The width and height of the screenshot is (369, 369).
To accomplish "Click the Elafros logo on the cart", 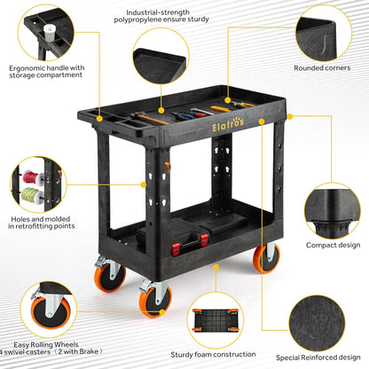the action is [x=228, y=124].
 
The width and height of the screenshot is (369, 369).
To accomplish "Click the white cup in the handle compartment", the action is [x=50, y=33].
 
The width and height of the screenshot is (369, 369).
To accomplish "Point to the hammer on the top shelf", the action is [x=149, y=118].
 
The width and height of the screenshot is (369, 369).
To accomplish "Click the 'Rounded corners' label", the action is [x=322, y=67].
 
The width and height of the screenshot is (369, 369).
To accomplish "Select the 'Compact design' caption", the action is [x=334, y=245].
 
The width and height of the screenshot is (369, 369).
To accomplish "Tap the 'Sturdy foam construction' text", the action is [x=213, y=354].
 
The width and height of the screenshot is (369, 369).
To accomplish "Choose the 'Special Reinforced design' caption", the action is [x=318, y=357].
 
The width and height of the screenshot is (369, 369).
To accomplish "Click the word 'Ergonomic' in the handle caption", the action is [x=27, y=68].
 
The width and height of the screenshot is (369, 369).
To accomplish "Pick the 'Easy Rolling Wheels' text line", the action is [x=46, y=344].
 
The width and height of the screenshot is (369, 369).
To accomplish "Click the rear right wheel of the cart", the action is [x=266, y=258].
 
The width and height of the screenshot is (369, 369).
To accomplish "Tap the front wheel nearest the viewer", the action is [x=155, y=301].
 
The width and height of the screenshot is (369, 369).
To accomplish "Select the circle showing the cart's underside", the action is [x=215, y=320].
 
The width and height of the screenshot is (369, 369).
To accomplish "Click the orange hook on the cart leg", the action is [x=168, y=167].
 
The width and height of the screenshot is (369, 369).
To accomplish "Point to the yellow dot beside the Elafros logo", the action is [x=262, y=122].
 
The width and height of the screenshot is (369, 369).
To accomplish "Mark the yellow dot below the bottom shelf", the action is [x=216, y=267].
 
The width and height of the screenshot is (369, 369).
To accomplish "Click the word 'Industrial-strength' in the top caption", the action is [x=158, y=12].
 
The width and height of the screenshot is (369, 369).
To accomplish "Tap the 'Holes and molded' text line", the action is [x=41, y=219].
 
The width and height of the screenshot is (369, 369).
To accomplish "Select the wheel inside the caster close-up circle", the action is [x=51, y=312].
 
